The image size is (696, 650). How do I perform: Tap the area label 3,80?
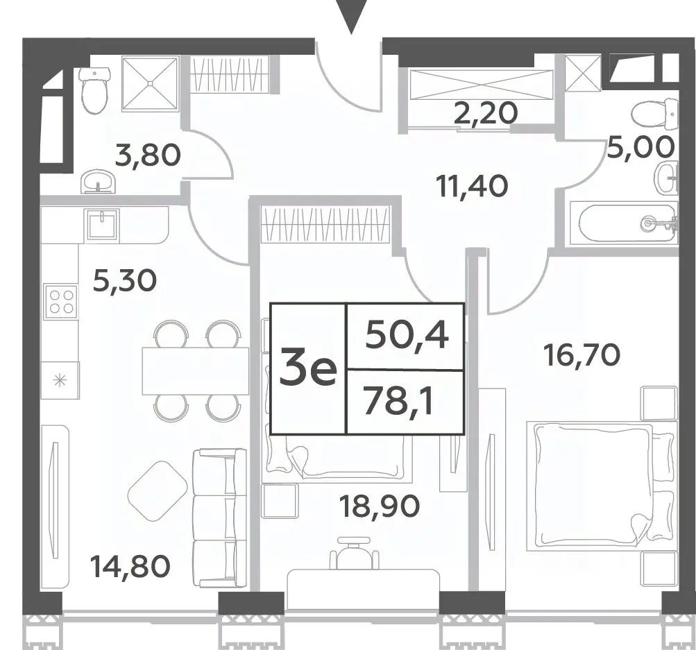click(148, 155)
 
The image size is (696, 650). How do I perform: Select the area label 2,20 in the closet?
click(486, 113)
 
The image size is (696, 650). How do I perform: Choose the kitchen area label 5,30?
click(125, 280)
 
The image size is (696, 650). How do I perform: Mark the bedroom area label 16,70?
click(582, 356)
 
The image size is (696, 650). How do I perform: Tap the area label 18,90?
click(379, 506)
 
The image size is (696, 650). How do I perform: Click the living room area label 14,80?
click(130, 567)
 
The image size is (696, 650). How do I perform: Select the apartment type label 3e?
click(309, 368)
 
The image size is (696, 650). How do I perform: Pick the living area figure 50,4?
click(407, 336)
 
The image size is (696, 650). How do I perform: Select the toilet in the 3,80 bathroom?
click(94, 90)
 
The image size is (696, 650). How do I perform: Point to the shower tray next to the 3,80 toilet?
click(150, 83)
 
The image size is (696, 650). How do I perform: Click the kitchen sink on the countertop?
click(103, 224)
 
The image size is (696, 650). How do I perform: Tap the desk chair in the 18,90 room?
click(354, 553)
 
